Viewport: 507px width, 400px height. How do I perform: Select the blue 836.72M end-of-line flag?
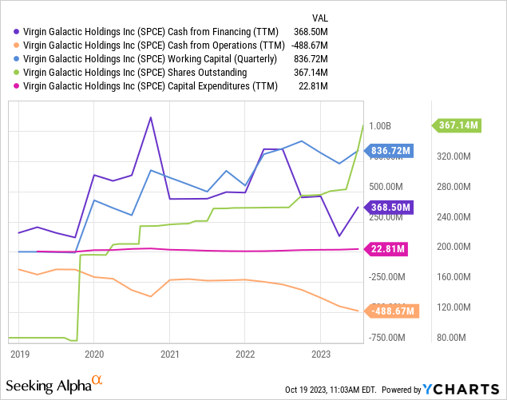pyautogui.click(x=390, y=151)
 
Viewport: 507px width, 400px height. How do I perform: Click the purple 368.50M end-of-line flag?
pyautogui.click(x=390, y=208)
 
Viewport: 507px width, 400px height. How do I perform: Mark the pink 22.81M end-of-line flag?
pyautogui.click(x=387, y=249)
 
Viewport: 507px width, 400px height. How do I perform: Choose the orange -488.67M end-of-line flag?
pyautogui.click(x=391, y=311)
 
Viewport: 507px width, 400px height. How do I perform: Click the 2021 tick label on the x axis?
pyautogui.click(x=169, y=353)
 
